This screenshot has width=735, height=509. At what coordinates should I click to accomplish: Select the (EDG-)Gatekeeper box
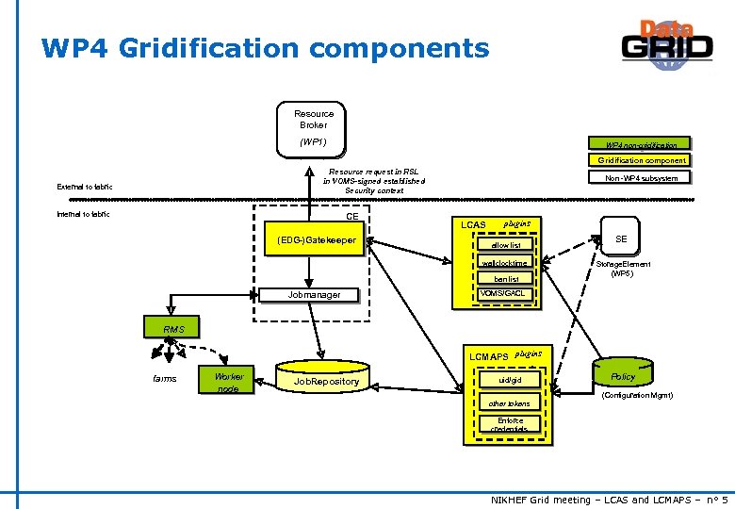pos(316,241)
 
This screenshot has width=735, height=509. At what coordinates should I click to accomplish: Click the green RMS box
pos(174,329)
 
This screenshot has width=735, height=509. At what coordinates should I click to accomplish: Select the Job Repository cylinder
pos(326,380)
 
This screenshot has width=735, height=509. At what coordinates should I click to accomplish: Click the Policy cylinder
pos(622,376)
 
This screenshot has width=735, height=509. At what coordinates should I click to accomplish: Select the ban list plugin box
pos(506,279)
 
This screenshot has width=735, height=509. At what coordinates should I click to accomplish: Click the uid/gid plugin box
pos(509,379)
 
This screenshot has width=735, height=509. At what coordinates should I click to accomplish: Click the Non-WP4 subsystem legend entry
pos(641,178)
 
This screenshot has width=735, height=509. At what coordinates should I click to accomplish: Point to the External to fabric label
pos(85,187)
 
